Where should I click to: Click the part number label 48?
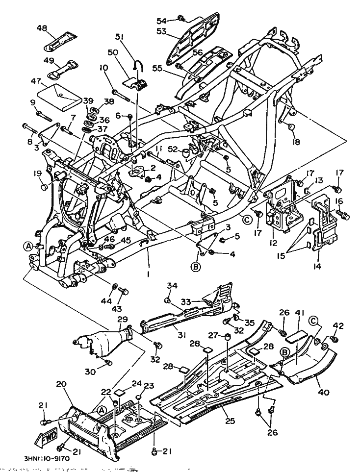tap(42, 28)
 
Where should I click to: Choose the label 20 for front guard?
tap(61, 385)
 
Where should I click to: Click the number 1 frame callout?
tap(148, 275)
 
